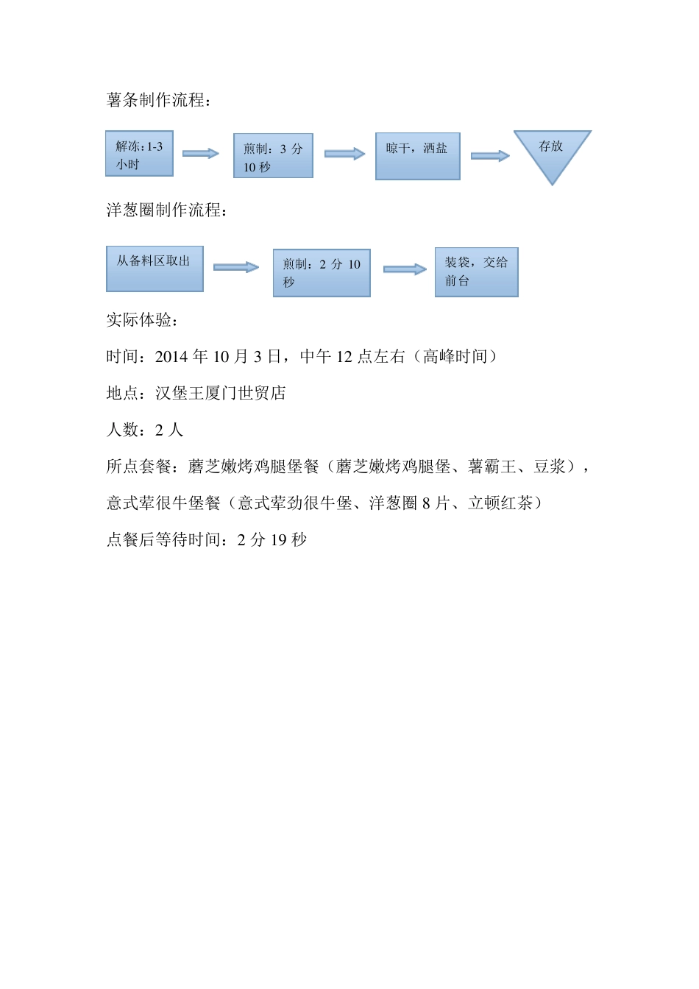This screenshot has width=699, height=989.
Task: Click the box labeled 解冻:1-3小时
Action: [x=139, y=154]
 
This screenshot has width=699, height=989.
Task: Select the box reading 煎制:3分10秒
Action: [x=273, y=156]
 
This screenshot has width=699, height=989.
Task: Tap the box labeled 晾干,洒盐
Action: [x=417, y=156]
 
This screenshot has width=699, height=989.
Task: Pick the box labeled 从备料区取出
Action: [x=155, y=269]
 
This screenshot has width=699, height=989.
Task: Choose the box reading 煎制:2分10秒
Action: [x=322, y=273]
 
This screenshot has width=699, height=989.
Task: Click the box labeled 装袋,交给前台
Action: [x=476, y=272]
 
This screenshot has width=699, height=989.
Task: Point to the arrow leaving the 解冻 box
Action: [x=201, y=153]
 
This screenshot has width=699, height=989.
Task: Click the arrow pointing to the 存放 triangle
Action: [x=490, y=156]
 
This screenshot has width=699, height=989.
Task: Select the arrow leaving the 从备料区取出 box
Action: [x=236, y=267]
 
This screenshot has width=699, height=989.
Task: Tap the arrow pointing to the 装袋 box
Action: [x=405, y=269]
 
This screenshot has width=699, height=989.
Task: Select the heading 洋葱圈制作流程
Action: [x=166, y=210]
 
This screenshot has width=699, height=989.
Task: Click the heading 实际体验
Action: [x=142, y=320]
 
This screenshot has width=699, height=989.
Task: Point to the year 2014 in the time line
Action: [x=171, y=357]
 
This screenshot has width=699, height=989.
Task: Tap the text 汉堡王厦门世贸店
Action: [x=220, y=394]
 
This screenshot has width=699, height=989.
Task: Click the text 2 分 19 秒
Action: [x=272, y=540]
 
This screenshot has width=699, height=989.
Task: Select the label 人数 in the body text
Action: [x=121, y=430]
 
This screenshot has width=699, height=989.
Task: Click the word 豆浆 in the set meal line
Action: [x=549, y=467]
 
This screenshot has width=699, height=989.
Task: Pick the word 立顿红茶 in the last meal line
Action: [x=500, y=503]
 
